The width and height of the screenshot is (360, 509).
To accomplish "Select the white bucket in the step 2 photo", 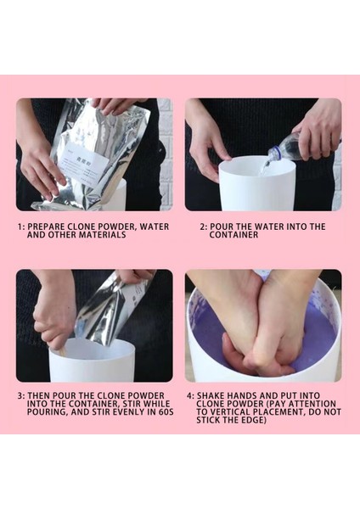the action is click(x=256, y=183).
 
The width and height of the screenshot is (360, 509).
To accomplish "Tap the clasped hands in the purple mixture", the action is click(x=260, y=325).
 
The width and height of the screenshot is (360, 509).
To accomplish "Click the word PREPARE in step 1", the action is click(x=46, y=227).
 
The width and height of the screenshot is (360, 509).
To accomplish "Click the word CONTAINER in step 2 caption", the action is click(x=233, y=235).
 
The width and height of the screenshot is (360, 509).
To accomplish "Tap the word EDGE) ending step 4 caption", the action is click(x=254, y=420).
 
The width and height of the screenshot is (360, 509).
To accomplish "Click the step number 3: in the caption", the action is click(x=21, y=395).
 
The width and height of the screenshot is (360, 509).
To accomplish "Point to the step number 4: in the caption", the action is click(x=190, y=395).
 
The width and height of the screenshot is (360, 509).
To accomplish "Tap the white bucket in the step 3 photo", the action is click(x=92, y=360).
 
